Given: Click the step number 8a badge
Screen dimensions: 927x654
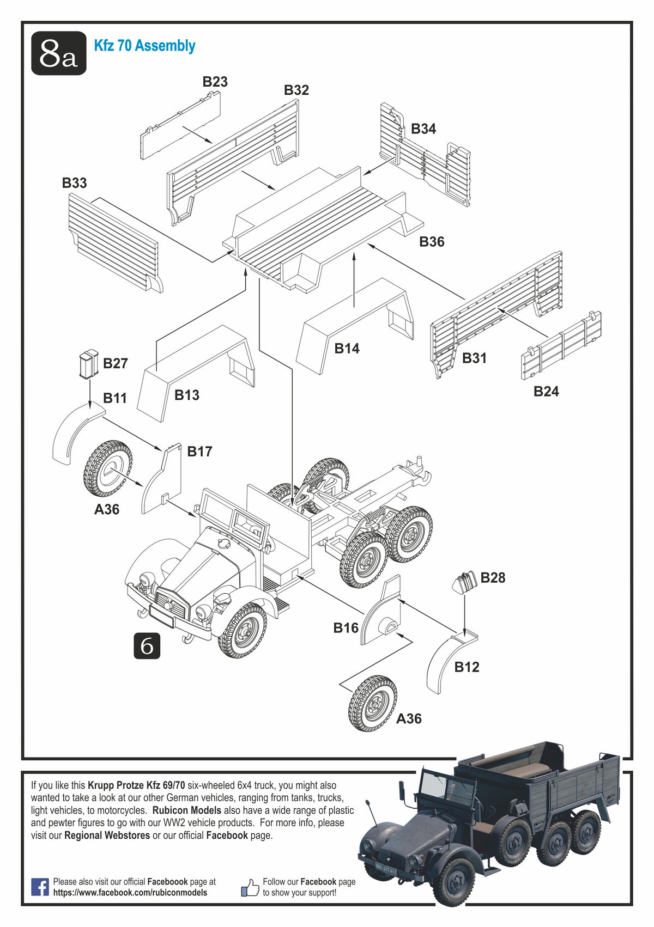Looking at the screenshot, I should tap(58, 53).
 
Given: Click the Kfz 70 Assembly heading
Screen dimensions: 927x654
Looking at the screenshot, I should tap(144, 46).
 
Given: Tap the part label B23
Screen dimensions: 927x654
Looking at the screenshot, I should tap(215, 82).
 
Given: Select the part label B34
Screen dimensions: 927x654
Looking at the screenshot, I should tap(423, 129).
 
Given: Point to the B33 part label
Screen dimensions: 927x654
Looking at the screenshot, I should tap(74, 183).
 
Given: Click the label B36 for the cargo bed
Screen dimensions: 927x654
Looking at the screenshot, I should tap(432, 241).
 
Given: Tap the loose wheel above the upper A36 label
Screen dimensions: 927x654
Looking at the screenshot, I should tap(108, 468).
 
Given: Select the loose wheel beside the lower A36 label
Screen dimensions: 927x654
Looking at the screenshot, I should tap(373, 703).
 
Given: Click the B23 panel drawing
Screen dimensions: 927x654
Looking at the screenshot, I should tap(181, 125).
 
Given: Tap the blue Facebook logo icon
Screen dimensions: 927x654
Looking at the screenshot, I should tap(40, 887).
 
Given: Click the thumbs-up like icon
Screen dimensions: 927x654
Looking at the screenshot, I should tap(250, 888).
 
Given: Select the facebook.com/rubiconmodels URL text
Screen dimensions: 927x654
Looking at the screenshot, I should tap(130, 893).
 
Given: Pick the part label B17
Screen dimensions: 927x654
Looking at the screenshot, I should tap(199, 452).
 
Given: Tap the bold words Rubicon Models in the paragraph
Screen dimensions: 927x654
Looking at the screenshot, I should tap(187, 810).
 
